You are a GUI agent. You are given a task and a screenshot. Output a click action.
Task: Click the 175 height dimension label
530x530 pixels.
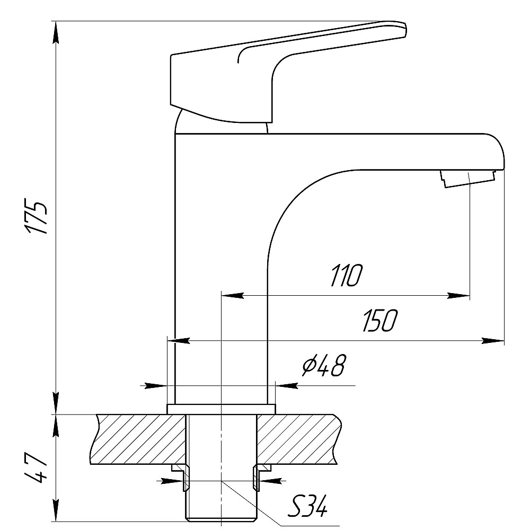coord(36,218)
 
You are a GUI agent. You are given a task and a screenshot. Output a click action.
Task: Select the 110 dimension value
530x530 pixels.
coord(346,276)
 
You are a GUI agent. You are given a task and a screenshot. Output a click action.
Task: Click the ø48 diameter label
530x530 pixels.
coord(324,365)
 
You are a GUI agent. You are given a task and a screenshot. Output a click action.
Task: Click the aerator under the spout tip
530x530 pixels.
coord(467,179)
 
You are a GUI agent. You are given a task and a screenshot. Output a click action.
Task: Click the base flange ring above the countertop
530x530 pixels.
coord(222,409)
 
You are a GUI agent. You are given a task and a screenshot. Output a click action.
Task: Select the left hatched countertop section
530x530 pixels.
coord(138,439)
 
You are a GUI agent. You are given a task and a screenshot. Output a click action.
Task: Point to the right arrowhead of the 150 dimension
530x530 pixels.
coord(493,341)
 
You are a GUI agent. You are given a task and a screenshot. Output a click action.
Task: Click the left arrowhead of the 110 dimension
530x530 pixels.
coord(232,295)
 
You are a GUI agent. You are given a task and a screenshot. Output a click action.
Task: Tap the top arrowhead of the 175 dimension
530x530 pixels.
coord(56,32)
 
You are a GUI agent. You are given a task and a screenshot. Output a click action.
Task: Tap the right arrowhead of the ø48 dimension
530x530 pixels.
coord(287,385)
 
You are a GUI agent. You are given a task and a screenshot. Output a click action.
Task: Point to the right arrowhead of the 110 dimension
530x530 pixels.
coord(458,295)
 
